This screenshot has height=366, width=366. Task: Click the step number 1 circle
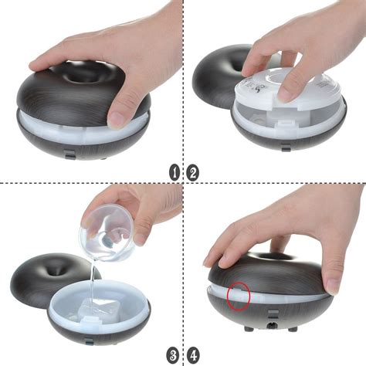[175, 172]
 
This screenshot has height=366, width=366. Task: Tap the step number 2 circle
[192, 172]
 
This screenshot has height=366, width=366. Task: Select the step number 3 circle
[175, 355]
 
